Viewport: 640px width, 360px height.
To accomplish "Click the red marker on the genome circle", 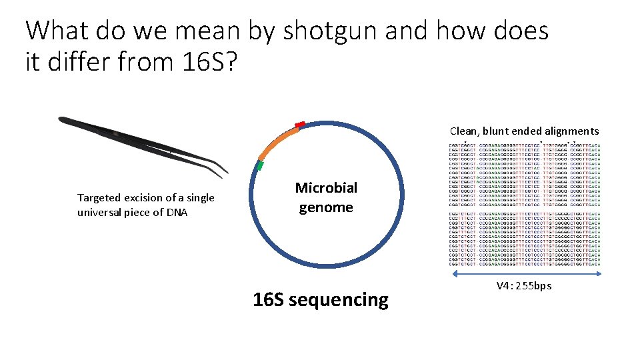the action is pos(300,125).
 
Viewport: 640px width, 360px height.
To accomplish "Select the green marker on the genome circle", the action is pos(260,164).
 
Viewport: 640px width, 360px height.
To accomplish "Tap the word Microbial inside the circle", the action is pos(326,188).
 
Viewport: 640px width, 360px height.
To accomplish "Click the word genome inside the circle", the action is pos(326,207).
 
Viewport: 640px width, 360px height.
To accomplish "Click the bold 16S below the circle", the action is pos(269,300).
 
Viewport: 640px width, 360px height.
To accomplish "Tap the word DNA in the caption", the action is pos(176,212).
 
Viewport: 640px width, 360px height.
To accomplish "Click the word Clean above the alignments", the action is pos(463,131).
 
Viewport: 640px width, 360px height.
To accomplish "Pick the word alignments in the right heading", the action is pos(571,131).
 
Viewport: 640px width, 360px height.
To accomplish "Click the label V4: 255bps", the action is pos(524,286).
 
